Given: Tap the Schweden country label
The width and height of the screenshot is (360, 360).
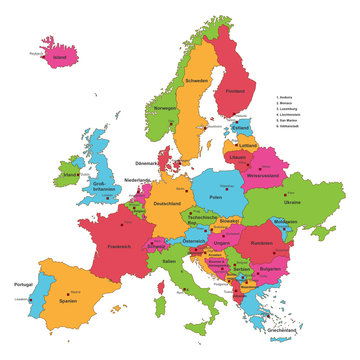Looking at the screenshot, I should (x=196, y=81).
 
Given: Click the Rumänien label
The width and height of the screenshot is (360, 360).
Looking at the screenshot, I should (x=262, y=243).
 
